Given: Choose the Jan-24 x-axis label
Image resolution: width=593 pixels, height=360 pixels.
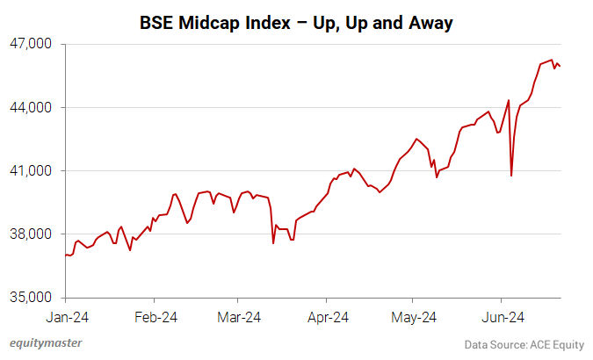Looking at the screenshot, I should [67, 316].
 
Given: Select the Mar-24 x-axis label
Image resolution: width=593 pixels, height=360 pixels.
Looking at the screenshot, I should [239, 316].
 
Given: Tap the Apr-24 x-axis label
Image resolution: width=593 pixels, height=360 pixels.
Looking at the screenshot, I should [329, 316].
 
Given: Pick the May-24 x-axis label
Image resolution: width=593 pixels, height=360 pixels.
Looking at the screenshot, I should [415, 316].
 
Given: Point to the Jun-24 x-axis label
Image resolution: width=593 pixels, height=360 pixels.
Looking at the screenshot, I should [504, 316].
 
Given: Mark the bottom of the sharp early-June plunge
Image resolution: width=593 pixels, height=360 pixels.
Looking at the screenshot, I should [511, 176].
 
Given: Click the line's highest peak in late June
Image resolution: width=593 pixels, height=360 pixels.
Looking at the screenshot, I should [551, 60].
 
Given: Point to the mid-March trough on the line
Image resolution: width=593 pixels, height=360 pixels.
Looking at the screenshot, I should [274, 243].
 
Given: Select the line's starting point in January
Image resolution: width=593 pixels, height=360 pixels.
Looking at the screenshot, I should [66, 255].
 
